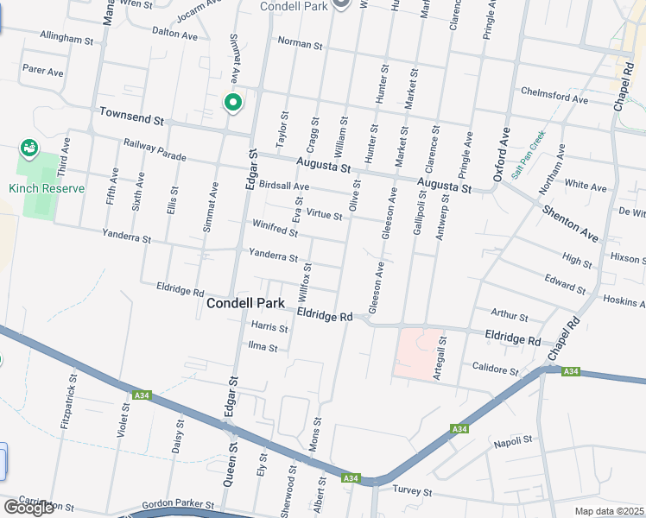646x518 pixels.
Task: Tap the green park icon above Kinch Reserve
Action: pyautogui.click(x=29, y=148)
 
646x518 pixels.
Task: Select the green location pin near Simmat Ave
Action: pyautogui.click(x=232, y=104)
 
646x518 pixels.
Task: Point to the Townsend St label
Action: pyautogui.click(x=131, y=114)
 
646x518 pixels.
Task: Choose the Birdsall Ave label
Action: pyautogui.click(x=283, y=186)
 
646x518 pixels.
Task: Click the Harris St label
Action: pyautogui.click(x=269, y=327)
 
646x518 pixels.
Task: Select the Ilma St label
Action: pyautogui.click(x=262, y=348)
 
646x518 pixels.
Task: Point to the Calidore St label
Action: pyautogui.click(x=495, y=370)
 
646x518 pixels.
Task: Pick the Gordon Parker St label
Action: pyautogui.click(x=177, y=504)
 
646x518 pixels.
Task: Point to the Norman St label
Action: pyautogui.click(x=300, y=43)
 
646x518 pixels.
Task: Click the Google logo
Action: pyautogui.click(x=28, y=507)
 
